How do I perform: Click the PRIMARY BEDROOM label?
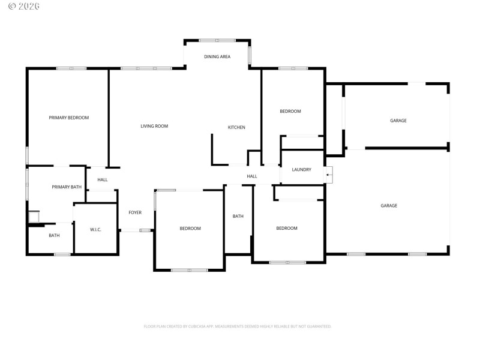coord(68,118)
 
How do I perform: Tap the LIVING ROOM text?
coord(154,126)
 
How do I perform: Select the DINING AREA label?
coord(217,57)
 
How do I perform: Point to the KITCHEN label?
coord(236,127)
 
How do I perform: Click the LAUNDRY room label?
coord(301,170)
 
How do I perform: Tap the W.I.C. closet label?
coord(95,229)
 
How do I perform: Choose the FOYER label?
coord(135,212)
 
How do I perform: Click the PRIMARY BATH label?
coord(66,187)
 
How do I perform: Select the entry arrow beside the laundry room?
coord(328,175)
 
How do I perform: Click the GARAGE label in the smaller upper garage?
coord(398,121)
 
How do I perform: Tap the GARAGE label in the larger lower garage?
coord(389,206)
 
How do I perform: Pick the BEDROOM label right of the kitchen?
coord(290,112)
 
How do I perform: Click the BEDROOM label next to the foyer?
coord(190,229)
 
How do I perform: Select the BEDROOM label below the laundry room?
coord(287,228)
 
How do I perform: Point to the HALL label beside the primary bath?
coord(103,179)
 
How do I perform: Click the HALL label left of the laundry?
coord(252,176)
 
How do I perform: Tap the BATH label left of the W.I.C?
coord(54,235)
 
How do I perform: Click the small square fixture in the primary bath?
coord(34,216)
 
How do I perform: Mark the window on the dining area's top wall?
coord(217,40)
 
